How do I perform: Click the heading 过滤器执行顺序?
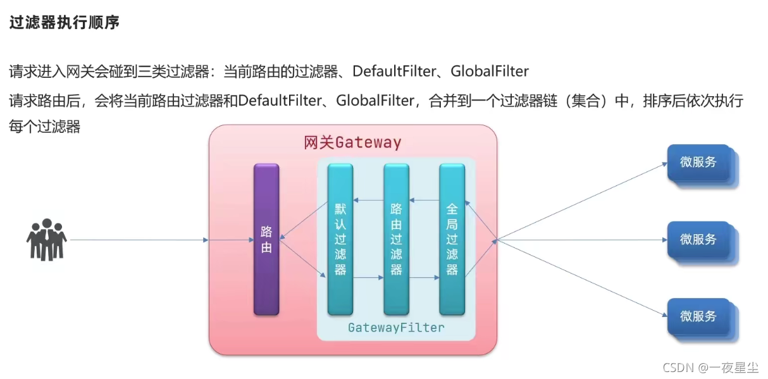coord(64,23)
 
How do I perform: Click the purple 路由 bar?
coord(266,239)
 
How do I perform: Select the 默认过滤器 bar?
coord(340,239)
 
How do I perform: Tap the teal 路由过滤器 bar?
coord(396,239)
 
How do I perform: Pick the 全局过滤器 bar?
coord(452,239)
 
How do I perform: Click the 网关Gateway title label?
coord(352,142)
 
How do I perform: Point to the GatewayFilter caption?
coord(396,328)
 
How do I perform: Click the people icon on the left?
coord(46,239)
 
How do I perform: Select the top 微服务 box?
coord(699,162)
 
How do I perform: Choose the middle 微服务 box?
coord(699,239)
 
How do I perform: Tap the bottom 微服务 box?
coord(699,316)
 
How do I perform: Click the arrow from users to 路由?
coord(139,240)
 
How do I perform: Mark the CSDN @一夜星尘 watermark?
coord(710,367)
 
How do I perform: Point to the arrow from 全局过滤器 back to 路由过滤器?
coord(424,201)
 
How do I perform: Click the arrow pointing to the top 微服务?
coord(582,201)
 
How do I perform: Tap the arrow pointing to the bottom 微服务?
coord(582,278)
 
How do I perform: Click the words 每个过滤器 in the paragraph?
coord(45,127)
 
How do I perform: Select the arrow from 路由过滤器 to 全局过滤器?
coord(424,277)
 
